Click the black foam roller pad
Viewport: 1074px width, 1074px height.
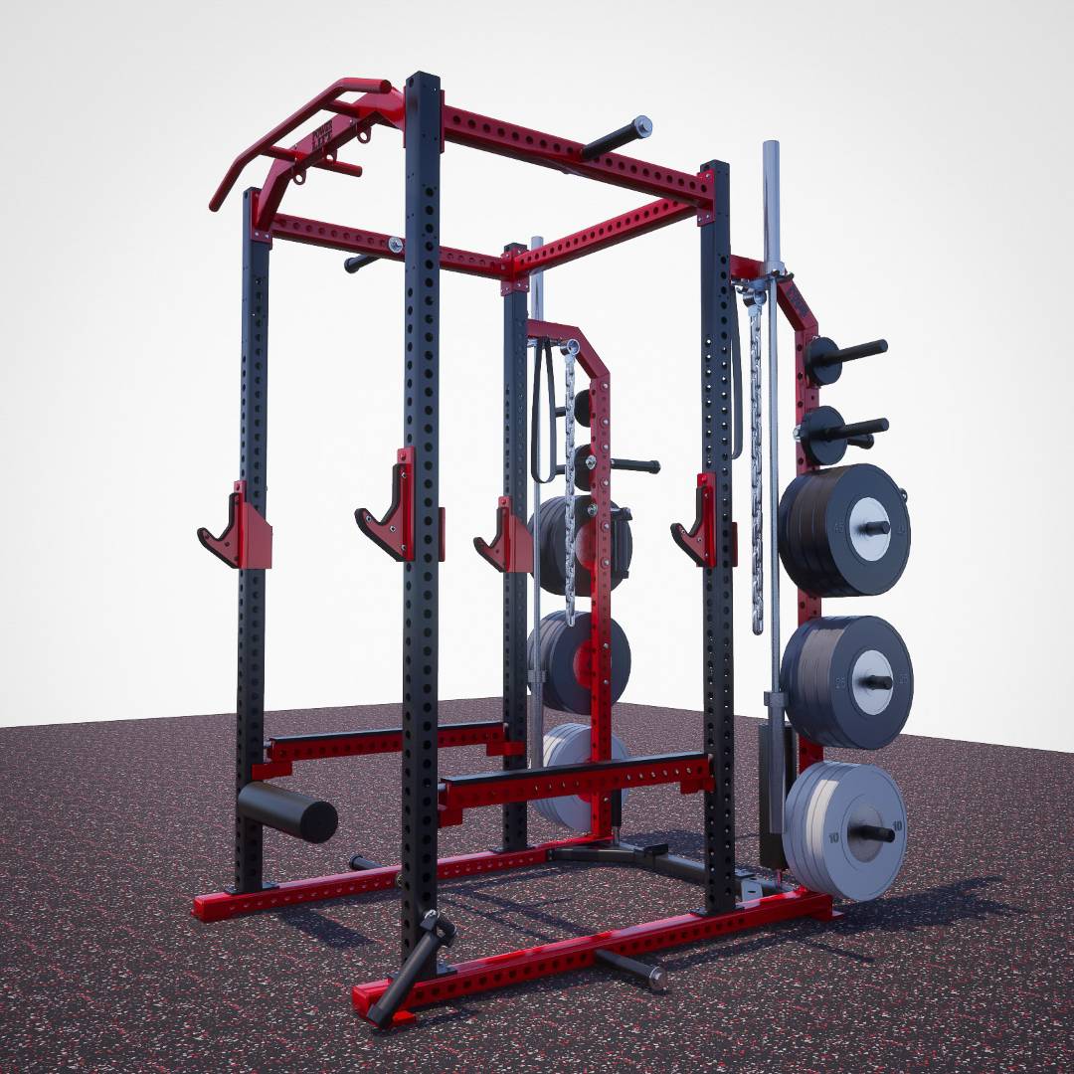[286, 809]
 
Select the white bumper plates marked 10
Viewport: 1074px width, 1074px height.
[845, 830]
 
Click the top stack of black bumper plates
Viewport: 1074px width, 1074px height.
[843, 529]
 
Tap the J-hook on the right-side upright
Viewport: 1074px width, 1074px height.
[696, 519]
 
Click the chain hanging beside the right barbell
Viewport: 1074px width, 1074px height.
[757, 457]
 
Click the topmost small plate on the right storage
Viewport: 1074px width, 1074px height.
[824, 359]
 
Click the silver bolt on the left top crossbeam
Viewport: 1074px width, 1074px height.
[396, 245]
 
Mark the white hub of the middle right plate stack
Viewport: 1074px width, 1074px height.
[871, 681]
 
